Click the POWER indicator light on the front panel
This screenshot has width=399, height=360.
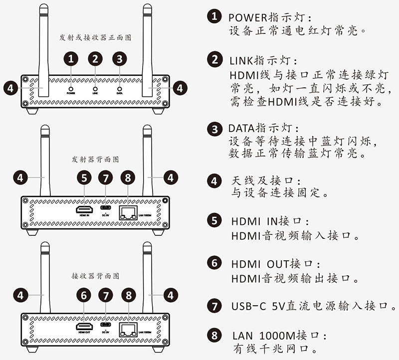coord(71,85)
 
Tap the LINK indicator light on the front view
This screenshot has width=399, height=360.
coord(95,85)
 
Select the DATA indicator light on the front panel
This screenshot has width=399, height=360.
coord(119,85)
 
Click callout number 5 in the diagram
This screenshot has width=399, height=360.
coord(84,177)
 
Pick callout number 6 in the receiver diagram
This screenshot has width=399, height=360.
coord(84,295)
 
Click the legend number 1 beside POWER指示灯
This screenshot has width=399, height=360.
coord(214,16)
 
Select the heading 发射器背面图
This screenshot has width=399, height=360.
coord(95,160)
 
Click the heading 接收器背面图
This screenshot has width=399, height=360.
coord(95,276)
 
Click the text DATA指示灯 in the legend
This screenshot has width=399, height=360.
coord(256,128)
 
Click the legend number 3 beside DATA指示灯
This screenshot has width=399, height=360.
coord(214,129)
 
